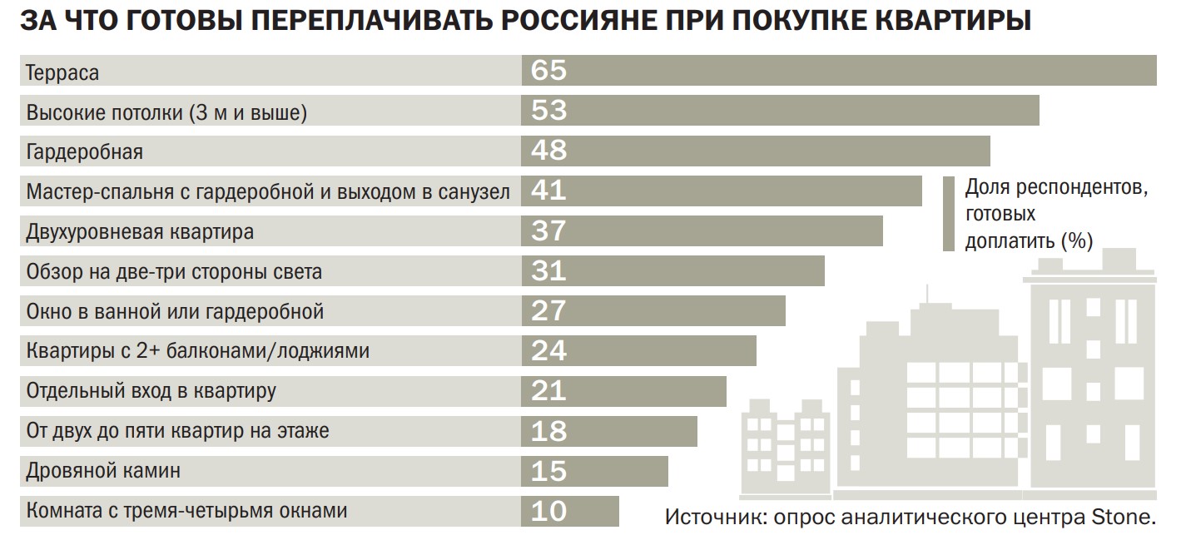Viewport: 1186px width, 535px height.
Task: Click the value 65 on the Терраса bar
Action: tap(548, 71)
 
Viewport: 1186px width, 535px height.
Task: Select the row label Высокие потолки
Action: tap(166, 112)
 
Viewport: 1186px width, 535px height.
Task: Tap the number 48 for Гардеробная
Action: tap(548, 151)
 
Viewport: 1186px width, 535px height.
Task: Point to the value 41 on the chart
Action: tap(548, 191)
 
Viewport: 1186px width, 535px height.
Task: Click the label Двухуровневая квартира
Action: tap(140, 231)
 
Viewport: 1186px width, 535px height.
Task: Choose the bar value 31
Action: tap(548, 270)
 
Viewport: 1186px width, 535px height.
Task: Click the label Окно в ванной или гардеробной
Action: tap(175, 312)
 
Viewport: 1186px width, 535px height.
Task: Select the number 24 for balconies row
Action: tap(548, 350)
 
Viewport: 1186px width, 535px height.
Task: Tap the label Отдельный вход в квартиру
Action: tap(151, 390)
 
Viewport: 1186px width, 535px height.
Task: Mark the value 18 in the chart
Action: tap(548, 431)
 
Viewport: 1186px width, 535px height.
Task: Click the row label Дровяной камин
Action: tap(103, 471)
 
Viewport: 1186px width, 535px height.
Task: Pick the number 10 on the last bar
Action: tap(548, 510)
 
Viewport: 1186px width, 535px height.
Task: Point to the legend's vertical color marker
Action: tap(948, 214)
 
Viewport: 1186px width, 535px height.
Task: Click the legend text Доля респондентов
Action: tap(1056, 188)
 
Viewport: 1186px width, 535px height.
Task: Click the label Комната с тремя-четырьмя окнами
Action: tap(186, 510)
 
